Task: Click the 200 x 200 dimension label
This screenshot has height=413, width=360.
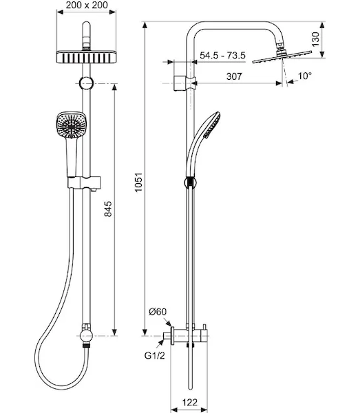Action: click(87, 5)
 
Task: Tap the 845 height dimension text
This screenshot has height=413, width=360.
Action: click(107, 209)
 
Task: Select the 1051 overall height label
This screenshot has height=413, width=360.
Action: click(138, 182)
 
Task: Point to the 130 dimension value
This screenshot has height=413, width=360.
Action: click(315, 39)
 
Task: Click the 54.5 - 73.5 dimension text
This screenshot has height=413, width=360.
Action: click(222, 56)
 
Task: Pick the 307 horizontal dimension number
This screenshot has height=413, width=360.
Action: click(234, 76)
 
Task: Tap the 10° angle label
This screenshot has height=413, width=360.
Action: click(305, 76)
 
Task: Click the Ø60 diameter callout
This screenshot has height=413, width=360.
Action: click(158, 312)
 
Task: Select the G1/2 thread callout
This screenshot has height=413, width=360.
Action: click(155, 356)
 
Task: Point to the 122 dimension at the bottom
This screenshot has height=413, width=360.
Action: click(189, 402)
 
